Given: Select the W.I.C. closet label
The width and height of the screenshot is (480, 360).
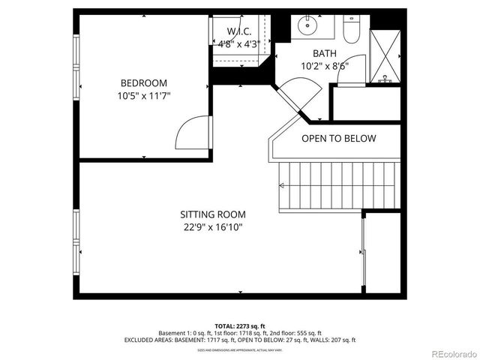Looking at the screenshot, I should (239, 31).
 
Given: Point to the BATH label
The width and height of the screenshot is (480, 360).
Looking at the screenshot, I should (325, 52).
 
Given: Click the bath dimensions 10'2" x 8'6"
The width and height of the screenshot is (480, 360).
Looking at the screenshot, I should (325, 65).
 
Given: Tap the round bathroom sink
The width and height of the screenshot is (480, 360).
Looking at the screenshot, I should (307, 25).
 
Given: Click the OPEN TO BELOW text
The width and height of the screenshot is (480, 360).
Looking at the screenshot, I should (338, 139).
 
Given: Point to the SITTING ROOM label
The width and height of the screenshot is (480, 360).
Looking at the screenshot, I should (213, 214).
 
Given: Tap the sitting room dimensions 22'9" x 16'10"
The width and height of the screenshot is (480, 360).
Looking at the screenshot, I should (213, 226).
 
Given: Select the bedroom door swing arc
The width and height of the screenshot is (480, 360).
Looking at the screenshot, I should (190, 133).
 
